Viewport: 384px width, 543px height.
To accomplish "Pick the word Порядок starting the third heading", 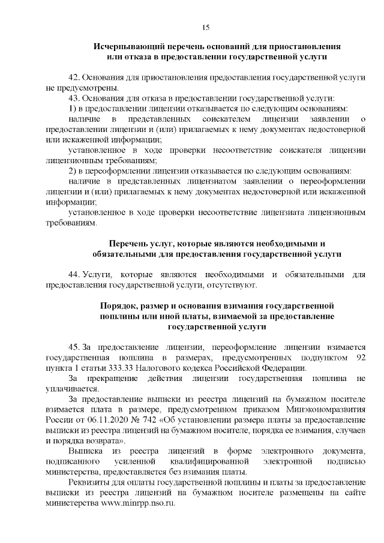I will pyautogui.click(x=118, y=305).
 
